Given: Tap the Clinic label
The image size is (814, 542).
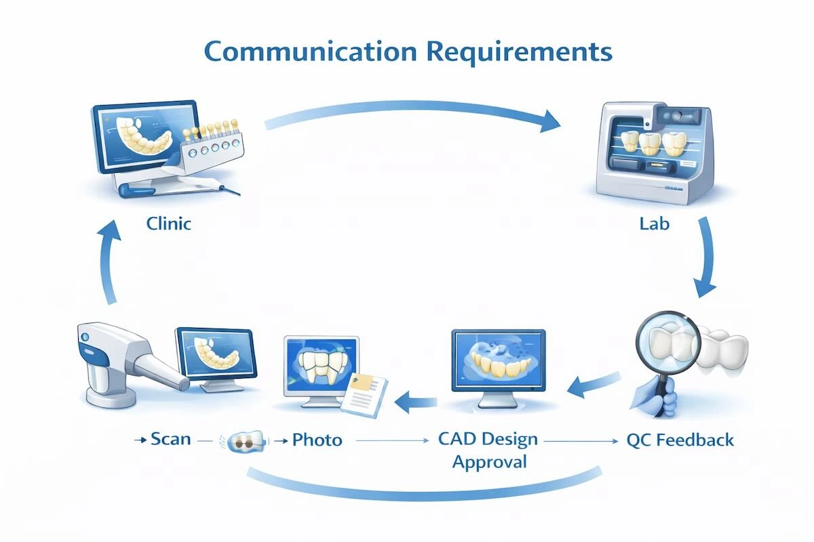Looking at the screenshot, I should click(x=169, y=223).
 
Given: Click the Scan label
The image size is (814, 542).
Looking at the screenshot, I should click(x=170, y=440).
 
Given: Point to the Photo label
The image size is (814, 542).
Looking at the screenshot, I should click(x=317, y=440).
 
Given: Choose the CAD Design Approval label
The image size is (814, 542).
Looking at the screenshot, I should click(x=487, y=450).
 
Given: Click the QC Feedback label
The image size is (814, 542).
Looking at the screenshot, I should click(x=680, y=440).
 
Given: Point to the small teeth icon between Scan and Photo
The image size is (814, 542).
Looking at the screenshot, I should click(x=243, y=440).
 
